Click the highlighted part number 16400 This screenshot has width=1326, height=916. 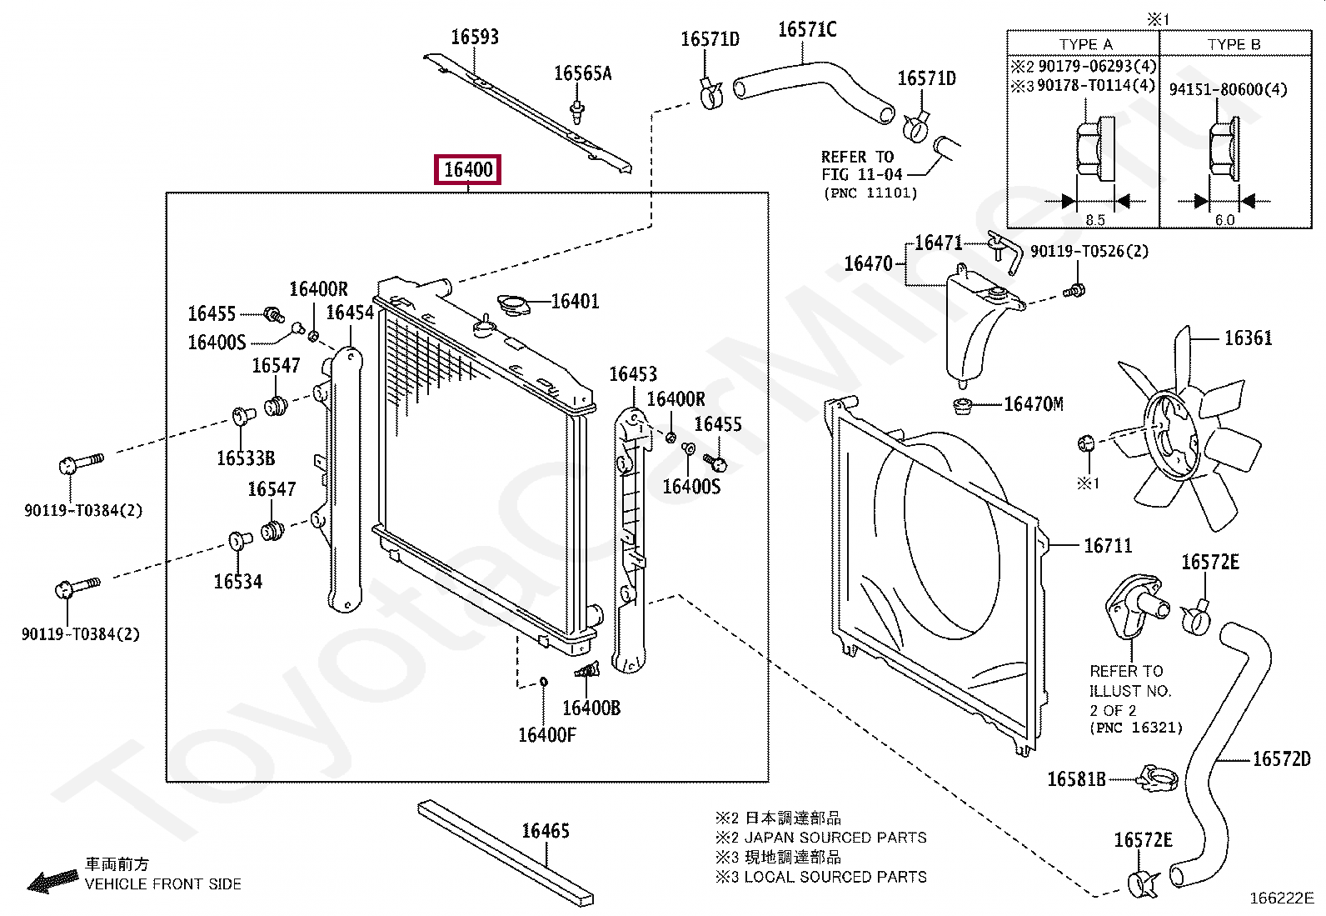[468, 170]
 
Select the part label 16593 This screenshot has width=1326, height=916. [474, 37]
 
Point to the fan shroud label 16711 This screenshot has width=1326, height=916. [1107, 546]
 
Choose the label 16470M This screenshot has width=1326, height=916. [1033, 404]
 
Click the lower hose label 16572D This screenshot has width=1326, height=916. [1281, 758]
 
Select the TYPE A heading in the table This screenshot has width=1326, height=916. [1084, 44]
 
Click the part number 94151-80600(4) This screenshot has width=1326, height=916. [1227, 89]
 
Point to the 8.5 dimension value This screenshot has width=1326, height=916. [1094, 220]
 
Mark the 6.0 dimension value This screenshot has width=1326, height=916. [1224, 220]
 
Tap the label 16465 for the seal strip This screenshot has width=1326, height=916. [545, 831]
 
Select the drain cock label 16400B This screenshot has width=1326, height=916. [591, 708]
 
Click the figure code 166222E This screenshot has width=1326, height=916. [1281, 898]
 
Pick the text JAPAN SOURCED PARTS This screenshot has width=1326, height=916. [835, 838]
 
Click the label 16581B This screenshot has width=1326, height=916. [1075, 779]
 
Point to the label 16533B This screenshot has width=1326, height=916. [245, 458]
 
